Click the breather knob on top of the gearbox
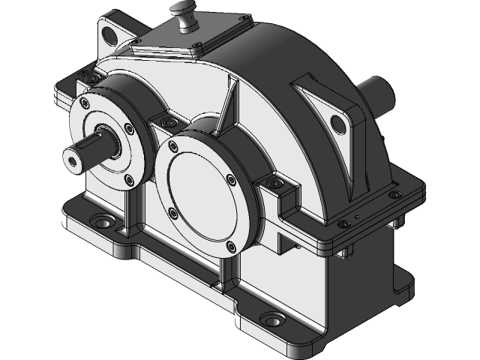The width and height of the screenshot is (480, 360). [183, 11]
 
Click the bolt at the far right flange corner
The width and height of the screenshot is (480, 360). [393, 195]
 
